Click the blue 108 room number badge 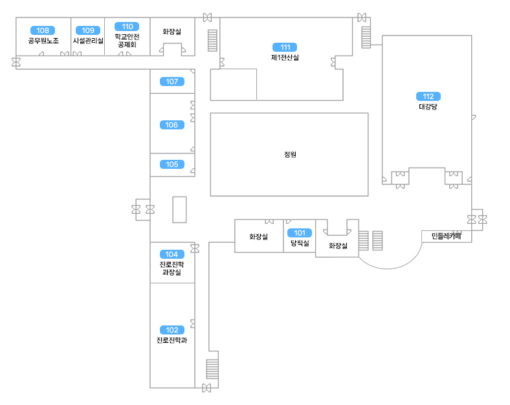43,30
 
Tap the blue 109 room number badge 88,30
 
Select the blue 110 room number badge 127,27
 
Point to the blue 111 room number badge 285,47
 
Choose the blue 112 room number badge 428,96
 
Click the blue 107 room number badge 172,82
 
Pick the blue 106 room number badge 172,125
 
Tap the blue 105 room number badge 172,164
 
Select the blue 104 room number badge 172,254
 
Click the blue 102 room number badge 172,330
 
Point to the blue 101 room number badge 299,233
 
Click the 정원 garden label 289,155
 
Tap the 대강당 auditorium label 428,107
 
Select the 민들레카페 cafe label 447,236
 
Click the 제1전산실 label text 285,58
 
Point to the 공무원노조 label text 43,41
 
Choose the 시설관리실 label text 88,41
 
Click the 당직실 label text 299,243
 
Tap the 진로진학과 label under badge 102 172,340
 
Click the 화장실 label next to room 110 172,31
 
